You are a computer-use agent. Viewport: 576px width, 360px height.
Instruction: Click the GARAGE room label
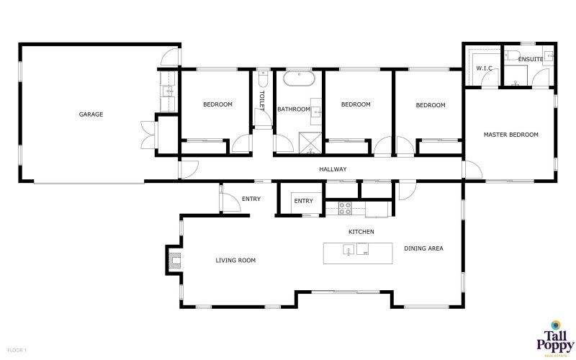pyautogui.click(x=91, y=114)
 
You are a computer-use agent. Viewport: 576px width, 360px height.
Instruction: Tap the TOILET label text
pyautogui.click(x=262, y=99)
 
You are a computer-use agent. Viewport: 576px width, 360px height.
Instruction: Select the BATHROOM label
pyautogui.click(x=293, y=109)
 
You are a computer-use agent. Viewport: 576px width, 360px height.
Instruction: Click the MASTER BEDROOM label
pyautogui.click(x=510, y=135)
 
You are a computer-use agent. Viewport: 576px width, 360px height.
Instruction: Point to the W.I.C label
pyautogui.click(x=483, y=68)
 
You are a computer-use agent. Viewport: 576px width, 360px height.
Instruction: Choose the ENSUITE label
pyautogui.click(x=530, y=59)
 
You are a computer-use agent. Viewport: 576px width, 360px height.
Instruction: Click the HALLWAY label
pyautogui.click(x=333, y=169)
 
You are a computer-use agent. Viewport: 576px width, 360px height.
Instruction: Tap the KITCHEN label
pyautogui.click(x=361, y=232)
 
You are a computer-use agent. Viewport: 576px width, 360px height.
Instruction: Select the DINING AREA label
pyautogui.click(x=423, y=248)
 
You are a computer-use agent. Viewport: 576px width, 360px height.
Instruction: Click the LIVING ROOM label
pyautogui.click(x=235, y=261)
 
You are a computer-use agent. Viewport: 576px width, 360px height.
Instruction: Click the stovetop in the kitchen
pyautogui.click(x=345, y=209)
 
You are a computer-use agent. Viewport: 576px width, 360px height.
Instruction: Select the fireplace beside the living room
pyautogui.click(x=174, y=259)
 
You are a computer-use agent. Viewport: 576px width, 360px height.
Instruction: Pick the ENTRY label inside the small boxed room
pyautogui.click(x=303, y=201)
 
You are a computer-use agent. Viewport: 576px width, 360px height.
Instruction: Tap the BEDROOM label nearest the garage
pyautogui.click(x=217, y=104)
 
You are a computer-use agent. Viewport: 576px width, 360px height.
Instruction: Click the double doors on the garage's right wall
pyautogui.click(x=148, y=133)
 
